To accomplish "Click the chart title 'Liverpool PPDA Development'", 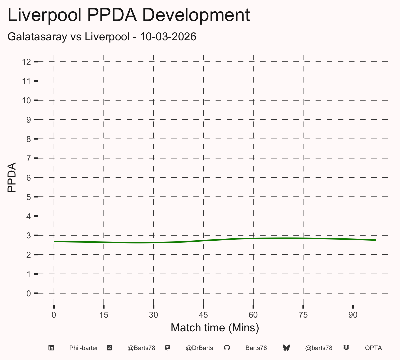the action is (129, 15).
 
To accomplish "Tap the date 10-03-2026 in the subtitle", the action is (168, 37).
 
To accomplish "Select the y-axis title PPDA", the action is (12, 177).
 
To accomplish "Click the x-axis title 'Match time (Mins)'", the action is (215, 328).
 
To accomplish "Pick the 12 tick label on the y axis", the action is (26, 62).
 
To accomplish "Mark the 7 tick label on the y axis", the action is (29, 159).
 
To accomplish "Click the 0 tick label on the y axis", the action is (29, 294).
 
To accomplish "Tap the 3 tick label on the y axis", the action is (29, 236).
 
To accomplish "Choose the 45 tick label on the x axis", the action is (203, 315).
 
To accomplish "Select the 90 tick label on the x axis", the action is (353, 315).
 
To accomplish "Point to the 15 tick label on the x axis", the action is (104, 315).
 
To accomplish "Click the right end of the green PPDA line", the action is (376, 240).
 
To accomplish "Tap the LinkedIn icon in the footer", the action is (51, 348).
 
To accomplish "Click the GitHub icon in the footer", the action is (227, 348).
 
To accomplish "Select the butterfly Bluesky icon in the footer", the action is (286, 348).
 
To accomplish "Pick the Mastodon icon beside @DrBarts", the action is (168, 348).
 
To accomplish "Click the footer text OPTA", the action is (373, 348).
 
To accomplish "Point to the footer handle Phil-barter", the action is (84, 348).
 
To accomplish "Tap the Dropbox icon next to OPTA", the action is (346, 348).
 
